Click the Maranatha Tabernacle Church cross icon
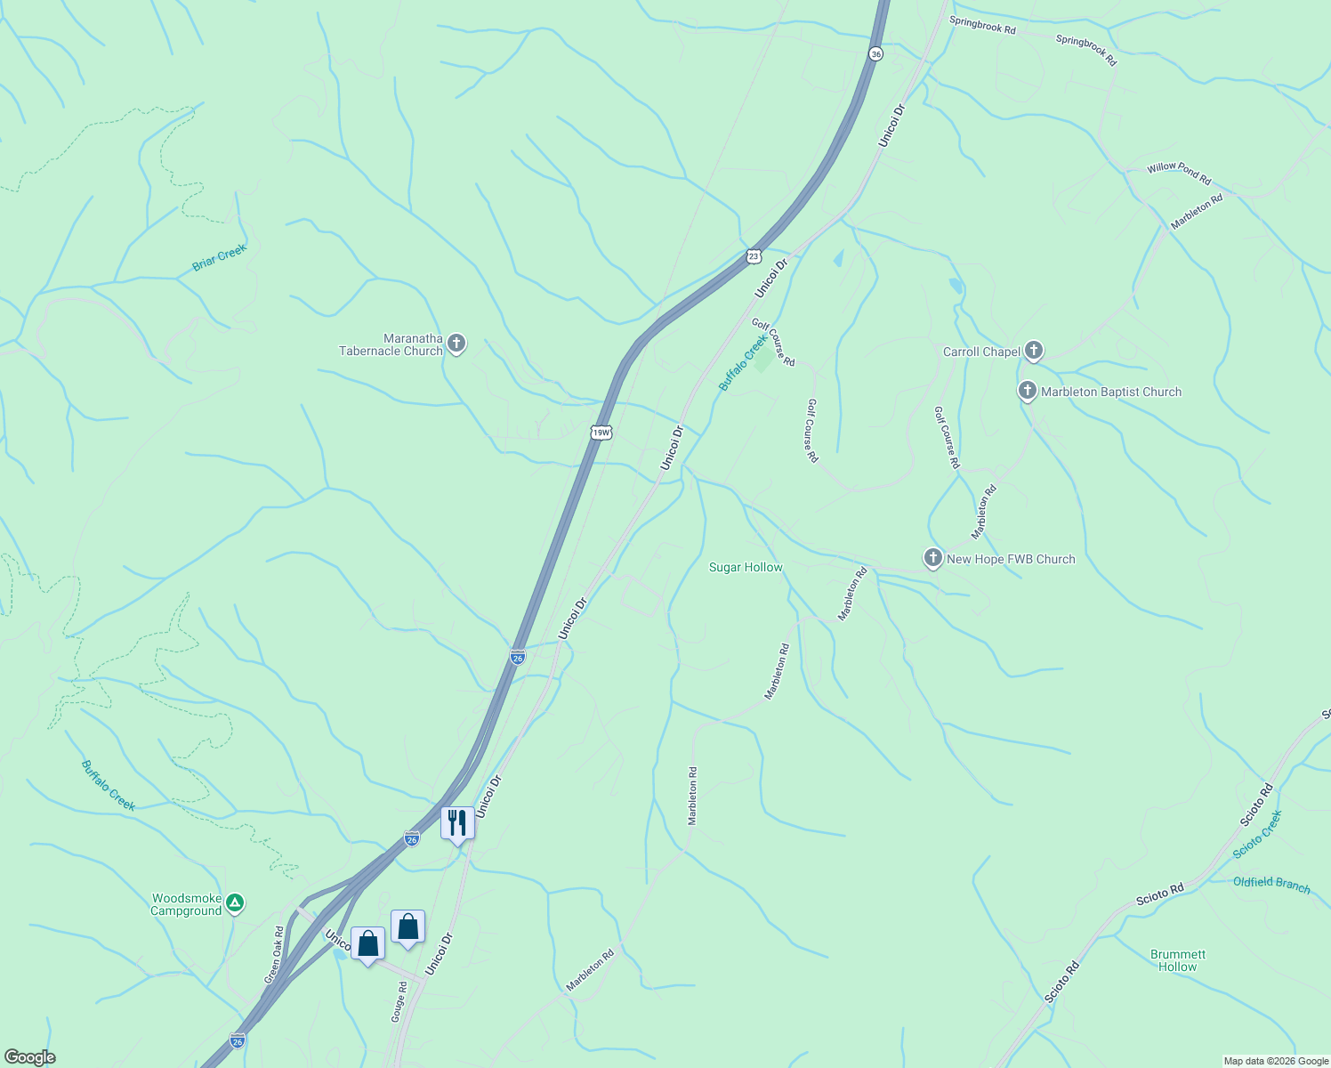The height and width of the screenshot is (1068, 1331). coord(456,344)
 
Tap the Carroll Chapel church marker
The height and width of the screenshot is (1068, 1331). coord(1033,351)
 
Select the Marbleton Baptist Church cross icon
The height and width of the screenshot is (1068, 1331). coord(1028,391)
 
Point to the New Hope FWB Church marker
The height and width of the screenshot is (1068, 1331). coord(932,558)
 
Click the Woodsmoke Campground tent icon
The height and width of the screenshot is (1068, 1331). coord(234,903)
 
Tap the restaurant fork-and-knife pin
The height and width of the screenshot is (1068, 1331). coord(457,823)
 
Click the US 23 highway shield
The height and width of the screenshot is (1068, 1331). coord(754,256)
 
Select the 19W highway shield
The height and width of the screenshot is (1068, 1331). coord(601,433)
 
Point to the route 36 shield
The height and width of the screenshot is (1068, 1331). coord(876,54)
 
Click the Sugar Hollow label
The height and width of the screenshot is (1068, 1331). coord(746,567)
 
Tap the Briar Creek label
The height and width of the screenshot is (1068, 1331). coord(219,258)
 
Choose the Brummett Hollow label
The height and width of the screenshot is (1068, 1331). coord(1178,960)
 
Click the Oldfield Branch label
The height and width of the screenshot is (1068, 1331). coord(1271,884)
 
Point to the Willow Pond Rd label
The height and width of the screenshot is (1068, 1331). coord(1179,173)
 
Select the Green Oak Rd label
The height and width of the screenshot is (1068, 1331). coord(274,955)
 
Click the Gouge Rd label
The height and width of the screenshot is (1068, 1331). coord(399,1001)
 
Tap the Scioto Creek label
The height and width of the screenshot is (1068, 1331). coord(1257,834)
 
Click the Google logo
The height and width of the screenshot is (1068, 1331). coord(29,1057)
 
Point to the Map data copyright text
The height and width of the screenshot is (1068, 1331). coord(1274,1061)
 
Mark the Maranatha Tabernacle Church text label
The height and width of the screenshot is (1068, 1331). coord(391,344)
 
